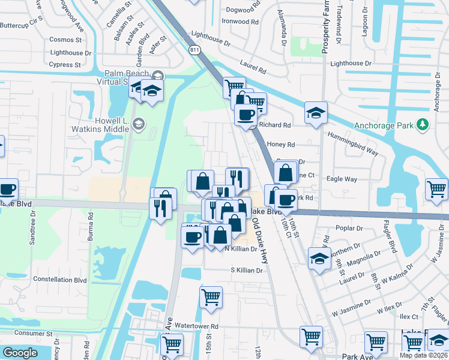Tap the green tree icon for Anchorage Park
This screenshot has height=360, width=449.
(423, 124)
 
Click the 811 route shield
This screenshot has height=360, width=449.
(194, 49)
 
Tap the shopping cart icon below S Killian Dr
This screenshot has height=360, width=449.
(211, 296)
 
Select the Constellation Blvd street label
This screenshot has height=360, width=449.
(60, 280)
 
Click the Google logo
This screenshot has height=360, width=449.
(20, 353)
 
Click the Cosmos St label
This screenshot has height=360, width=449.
(66, 40)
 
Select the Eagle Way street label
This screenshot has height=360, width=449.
(342, 179)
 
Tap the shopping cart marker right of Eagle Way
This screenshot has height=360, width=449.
(436, 188)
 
